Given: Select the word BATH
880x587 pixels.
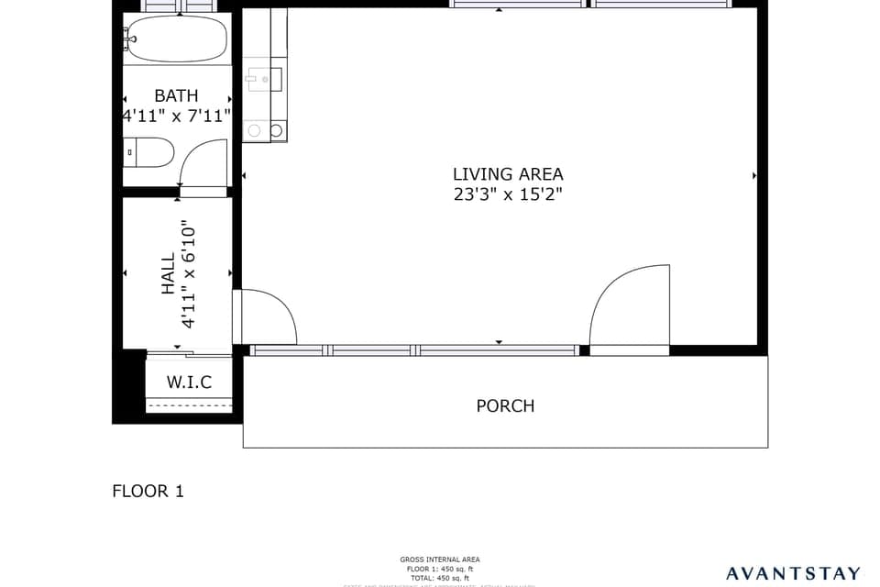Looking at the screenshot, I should [176, 95].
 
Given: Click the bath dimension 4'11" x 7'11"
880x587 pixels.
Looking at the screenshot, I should [176, 116].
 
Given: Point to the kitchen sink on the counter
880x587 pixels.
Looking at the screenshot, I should [264, 80].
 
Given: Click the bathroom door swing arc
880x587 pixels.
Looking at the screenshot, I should [203, 162].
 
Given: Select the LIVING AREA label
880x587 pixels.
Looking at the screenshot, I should [508, 173].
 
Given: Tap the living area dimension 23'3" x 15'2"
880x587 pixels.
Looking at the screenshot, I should [508, 194].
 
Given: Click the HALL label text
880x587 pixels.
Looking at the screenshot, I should [169, 273].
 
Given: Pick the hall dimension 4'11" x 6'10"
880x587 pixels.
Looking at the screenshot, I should [189, 273].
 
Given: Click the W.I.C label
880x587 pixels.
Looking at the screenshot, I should [189, 382].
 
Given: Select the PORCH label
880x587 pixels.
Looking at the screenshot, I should [505, 405].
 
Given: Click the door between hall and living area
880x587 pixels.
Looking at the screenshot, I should [268, 317].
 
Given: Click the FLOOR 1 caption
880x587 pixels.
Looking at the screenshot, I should [148, 491].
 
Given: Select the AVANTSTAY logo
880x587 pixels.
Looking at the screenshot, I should [793, 573].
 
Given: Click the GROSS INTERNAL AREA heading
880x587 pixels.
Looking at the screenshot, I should [439, 559].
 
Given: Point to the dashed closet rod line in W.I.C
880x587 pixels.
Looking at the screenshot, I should [189, 405].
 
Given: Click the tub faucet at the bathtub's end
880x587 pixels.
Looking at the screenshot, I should [130, 38].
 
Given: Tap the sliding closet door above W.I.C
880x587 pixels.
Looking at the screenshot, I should [189, 354].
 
